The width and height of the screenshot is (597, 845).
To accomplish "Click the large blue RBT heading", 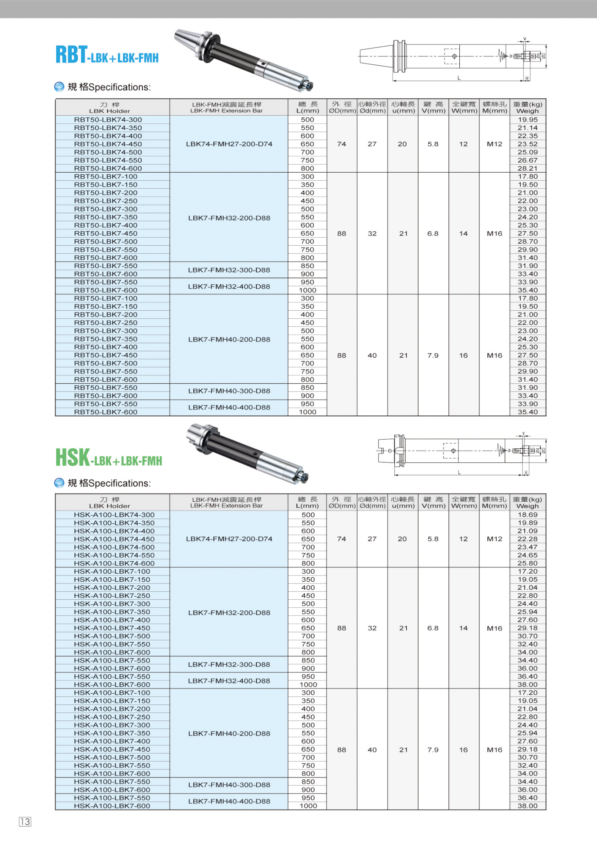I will [72, 55].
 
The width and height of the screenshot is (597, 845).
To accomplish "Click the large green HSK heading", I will [73, 457].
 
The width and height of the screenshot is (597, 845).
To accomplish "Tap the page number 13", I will [25, 822].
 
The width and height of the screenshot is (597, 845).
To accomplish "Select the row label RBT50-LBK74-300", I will [108, 120].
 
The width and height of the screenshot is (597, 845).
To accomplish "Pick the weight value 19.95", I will [528, 120].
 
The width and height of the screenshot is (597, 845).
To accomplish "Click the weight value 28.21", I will [528, 168].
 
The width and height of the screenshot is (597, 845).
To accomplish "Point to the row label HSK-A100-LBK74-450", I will [114, 539].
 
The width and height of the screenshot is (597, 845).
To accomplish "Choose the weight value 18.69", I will [528, 514].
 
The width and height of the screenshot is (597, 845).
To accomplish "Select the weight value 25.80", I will [528, 563].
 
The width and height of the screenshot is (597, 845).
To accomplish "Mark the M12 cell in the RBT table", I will [494, 144].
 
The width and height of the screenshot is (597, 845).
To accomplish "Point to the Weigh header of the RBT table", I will [528, 111].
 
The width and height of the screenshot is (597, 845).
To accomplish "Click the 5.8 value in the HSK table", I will [433, 539].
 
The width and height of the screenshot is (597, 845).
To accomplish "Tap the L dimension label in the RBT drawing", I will [459, 78].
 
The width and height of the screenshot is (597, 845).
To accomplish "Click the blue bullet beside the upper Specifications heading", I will [59, 87].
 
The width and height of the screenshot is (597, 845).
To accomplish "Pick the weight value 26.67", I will [528, 160].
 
